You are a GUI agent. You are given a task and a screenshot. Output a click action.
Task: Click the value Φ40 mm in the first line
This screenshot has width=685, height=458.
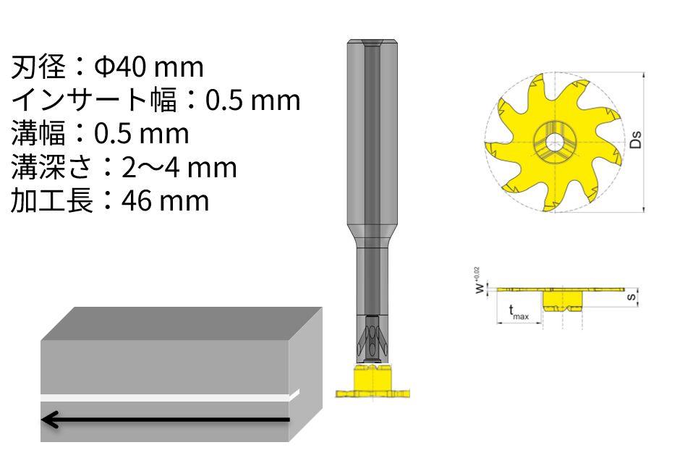(x=149, y=67)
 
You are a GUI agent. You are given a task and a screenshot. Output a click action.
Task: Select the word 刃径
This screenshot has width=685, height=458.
(x=38, y=67)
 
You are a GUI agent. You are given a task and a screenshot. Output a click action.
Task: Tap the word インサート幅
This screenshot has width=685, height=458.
(x=94, y=100)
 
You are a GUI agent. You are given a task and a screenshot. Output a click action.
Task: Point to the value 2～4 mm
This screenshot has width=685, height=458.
(x=179, y=167)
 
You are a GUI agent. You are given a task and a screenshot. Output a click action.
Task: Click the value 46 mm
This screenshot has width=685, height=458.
(x=165, y=201)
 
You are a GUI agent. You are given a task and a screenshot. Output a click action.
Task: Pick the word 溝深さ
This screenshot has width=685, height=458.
(x=51, y=167)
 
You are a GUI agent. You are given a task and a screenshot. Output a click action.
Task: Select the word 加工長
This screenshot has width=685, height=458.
(x=52, y=201)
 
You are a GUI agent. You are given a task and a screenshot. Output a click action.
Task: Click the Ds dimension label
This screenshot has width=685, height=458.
(x=636, y=140)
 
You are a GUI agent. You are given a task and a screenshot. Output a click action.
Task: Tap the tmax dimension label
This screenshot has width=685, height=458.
(x=519, y=312)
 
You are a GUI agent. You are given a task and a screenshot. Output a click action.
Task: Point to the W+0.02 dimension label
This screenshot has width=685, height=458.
(x=479, y=281)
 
